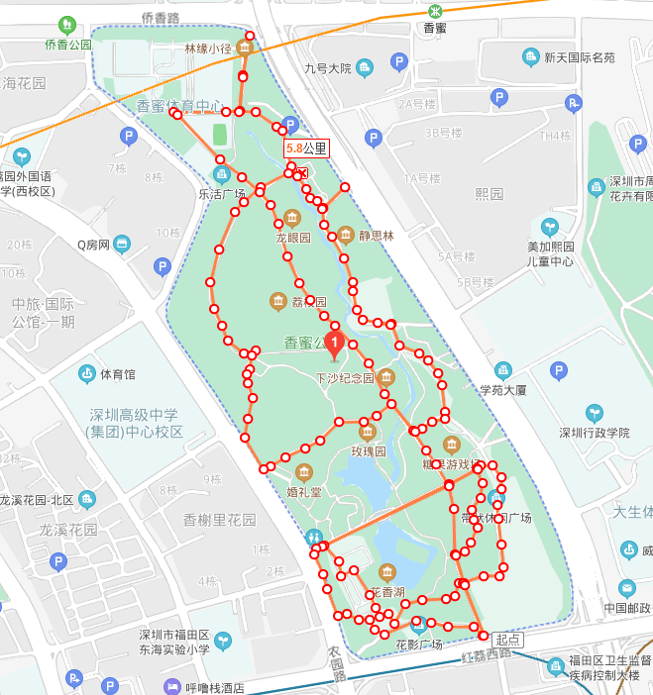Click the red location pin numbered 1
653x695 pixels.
click(x=335, y=344)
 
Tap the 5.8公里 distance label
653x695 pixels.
click(x=305, y=149)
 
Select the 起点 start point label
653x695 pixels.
click(x=507, y=640)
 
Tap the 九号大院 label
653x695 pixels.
click(x=328, y=68)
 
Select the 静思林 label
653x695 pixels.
click(x=377, y=236)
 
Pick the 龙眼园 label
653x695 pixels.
click(x=293, y=238)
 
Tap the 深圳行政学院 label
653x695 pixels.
click(x=594, y=432)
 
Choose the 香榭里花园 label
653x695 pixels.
click(x=219, y=519)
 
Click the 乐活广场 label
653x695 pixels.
click(x=222, y=194)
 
